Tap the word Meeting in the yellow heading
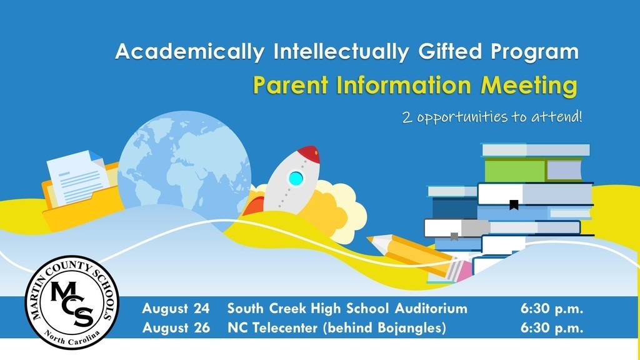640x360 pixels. (x=529, y=86)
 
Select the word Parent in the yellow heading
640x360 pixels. (x=291, y=85)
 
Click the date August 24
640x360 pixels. (x=176, y=309)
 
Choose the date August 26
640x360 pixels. (x=176, y=327)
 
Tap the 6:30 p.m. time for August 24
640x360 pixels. (x=552, y=309)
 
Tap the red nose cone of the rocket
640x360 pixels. (x=309, y=154)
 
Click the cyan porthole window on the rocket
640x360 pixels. (x=296, y=178)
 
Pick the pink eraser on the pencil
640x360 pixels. (x=461, y=270)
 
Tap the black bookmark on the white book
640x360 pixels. (x=514, y=205)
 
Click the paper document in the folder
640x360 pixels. (x=77, y=177)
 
